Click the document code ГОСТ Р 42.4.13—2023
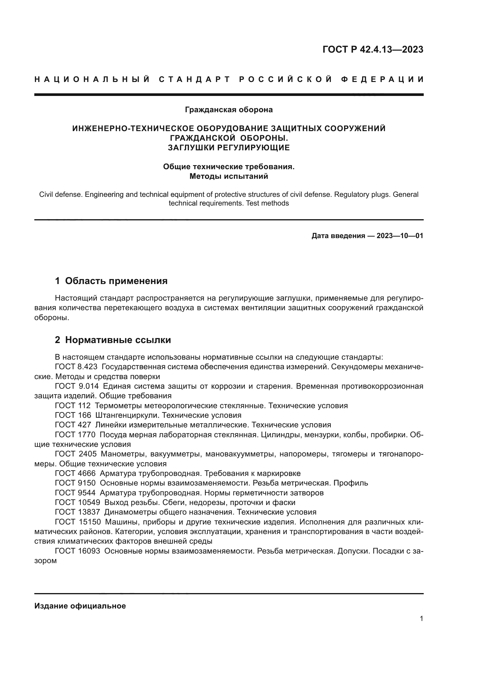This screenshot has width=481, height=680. tap(373, 49)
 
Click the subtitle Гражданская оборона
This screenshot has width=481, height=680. tap(229, 110)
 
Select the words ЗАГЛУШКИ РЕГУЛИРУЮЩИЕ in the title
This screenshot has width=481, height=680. tap(229, 147)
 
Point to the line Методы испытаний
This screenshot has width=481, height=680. tap(229, 176)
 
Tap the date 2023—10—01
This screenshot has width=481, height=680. tap(400, 236)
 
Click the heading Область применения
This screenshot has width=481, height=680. tap(116, 281)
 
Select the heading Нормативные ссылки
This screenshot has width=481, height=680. tap(118, 340)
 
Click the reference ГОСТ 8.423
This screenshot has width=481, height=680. tap(76, 367)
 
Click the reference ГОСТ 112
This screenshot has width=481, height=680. tap(73, 406)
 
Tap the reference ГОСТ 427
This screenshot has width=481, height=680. tap(73, 425)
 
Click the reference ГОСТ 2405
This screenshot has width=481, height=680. tap(76, 454)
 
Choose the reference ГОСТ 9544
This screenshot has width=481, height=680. tap(75, 493)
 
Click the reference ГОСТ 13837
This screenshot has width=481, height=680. tap(77, 512)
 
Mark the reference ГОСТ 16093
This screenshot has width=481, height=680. tap(77, 551)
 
